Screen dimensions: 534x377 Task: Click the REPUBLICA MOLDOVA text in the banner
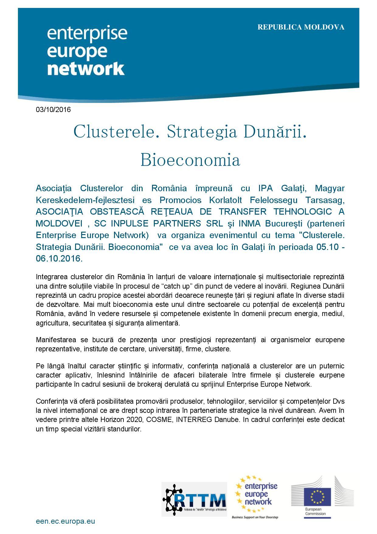click(301, 27)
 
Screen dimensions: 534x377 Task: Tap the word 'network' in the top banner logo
click(86, 69)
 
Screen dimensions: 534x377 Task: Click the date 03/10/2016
click(53, 110)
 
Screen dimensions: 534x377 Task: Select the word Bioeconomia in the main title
click(190, 160)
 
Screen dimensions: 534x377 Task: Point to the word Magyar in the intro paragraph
click(330, 188)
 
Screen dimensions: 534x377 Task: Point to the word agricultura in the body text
click(51, 323)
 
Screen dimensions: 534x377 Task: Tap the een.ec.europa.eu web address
click(65, 521)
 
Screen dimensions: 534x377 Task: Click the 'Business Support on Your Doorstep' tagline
click(255, 517)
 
